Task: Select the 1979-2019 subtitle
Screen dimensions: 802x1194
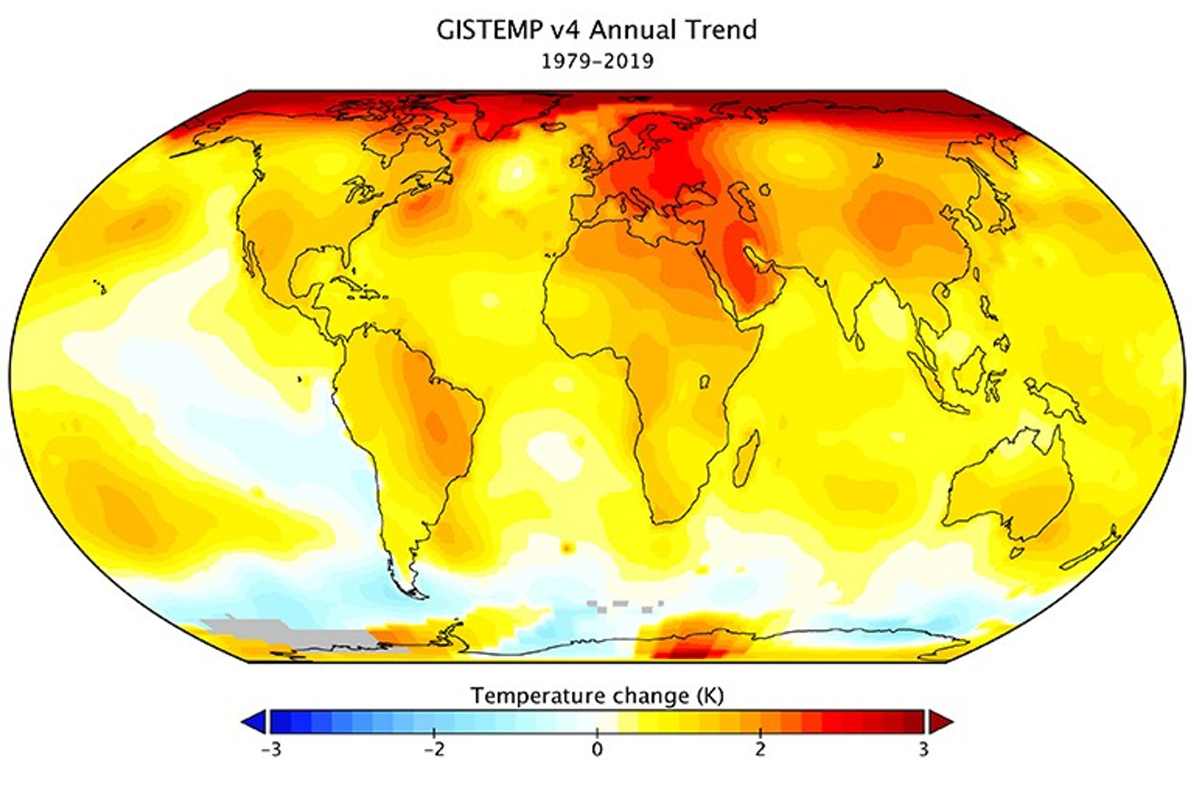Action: click(x=597, y=62)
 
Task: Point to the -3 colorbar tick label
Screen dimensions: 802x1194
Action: click(x=271, y=750)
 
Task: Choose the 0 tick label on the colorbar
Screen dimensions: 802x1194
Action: click(x=597, y=750)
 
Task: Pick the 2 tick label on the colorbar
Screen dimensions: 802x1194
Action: click(x=760, y=750)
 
